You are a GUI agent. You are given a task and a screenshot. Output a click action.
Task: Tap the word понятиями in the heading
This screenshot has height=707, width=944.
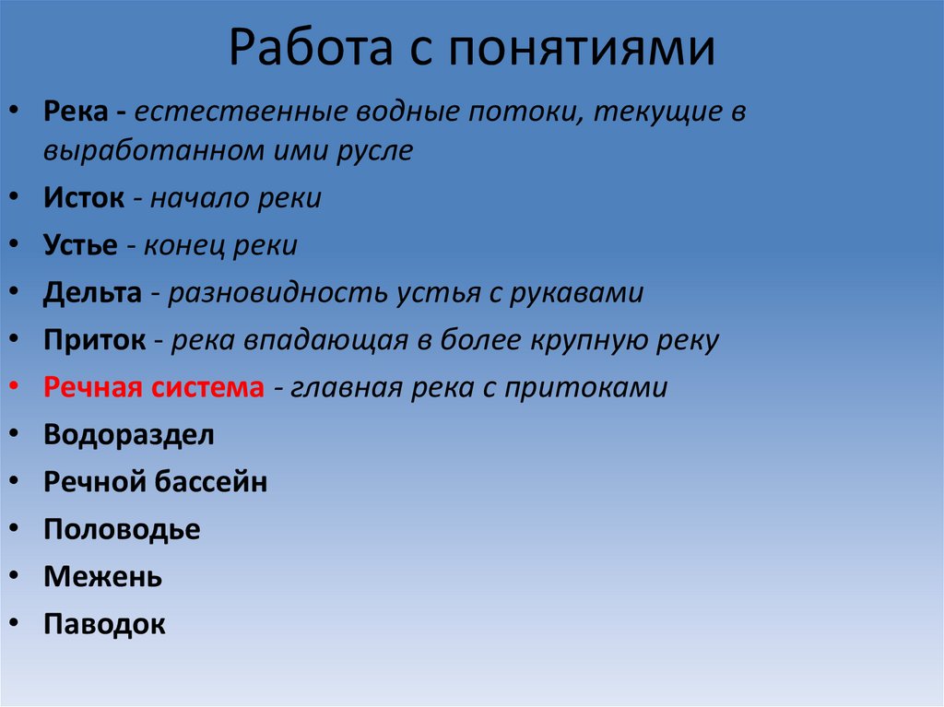[582, 51]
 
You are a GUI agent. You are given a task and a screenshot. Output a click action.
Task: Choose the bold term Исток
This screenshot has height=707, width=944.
[84, 198]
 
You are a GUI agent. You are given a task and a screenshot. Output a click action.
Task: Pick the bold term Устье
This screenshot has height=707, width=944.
[80, 245]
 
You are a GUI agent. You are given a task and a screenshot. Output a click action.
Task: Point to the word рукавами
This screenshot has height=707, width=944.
[580, 293]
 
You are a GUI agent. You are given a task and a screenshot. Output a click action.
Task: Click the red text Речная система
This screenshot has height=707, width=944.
[153, 388]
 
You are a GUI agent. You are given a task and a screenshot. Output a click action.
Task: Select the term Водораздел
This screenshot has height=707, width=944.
[128, 435]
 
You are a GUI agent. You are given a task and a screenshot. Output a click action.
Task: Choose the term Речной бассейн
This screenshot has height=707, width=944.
[155, 482]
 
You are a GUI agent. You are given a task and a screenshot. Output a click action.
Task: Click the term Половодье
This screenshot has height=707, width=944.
[122, 530]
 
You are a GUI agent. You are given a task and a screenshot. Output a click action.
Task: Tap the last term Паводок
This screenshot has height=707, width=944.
[104, 624]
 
